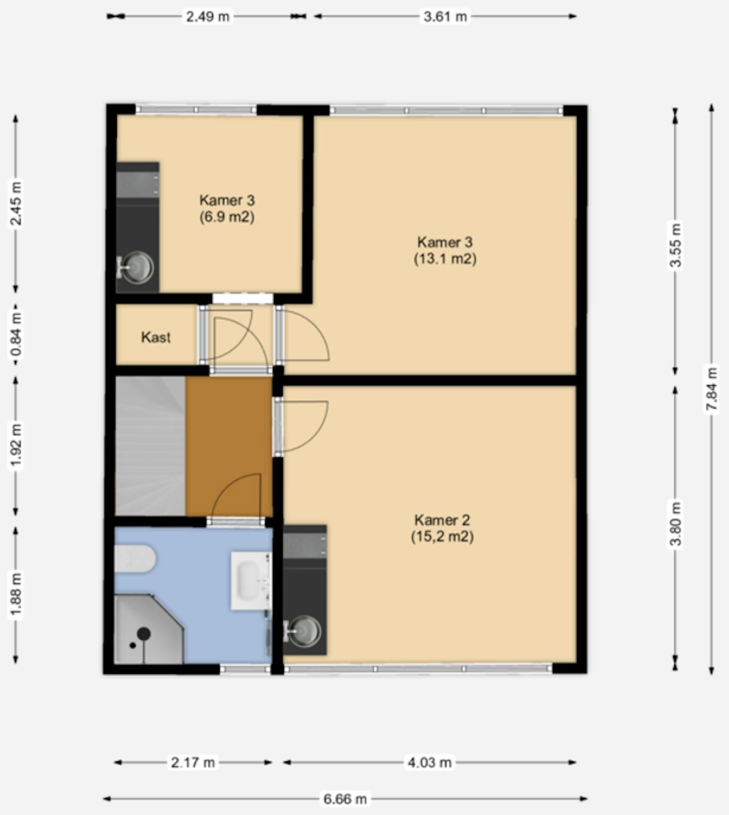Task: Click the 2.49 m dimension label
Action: (x=207, y=17)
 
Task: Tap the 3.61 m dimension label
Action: (x=445, y=17)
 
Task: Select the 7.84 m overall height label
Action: (x=711, y=388)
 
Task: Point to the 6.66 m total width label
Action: (x=345, y=799)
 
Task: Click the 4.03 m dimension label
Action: (x=430, y=762)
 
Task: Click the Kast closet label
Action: (x=156, y=337)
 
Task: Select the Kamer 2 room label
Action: (x=442, y=520)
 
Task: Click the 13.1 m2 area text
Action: (x=445, y=258)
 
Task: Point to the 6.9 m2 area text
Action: (x=227, y=217)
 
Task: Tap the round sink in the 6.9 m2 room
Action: (x=138, y=267)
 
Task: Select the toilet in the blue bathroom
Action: (x=135, y=559)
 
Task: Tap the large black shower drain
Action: (x=144, y=634)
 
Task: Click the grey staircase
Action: (x=150, y=446)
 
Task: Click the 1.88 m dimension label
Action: (x=16, y=594)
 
